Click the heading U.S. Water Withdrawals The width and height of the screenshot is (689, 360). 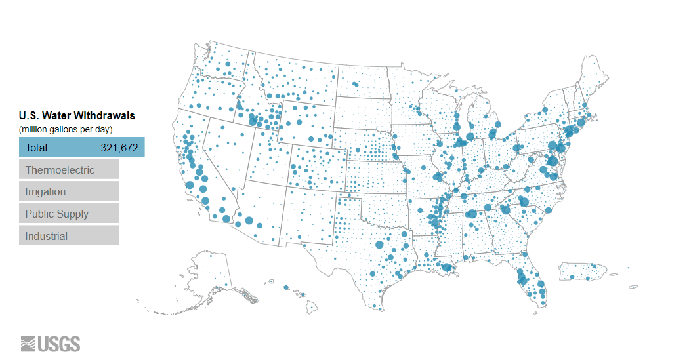point(77,116)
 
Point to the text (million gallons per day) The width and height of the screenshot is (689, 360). point(65,129)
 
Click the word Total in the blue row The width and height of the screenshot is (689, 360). point(36,148)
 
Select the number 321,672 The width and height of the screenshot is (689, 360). point(119,148)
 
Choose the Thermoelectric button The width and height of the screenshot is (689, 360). point(69,170)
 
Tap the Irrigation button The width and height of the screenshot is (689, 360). point(69,191)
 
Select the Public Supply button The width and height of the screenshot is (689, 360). point(69,214)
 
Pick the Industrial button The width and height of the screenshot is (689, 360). point(69,235)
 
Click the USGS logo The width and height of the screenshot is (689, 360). point(51,344)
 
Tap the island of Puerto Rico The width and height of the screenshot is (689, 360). point(581,271)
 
